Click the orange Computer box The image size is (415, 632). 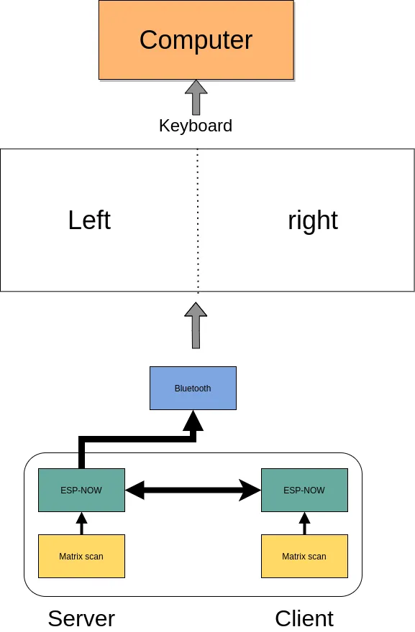pos(196,39)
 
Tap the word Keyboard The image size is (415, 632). pos(196,126)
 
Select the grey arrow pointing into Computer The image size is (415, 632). pos(196,97)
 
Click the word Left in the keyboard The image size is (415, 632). pos(89,220)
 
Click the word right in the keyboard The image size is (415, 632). pos(312,220)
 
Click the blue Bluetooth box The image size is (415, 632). pos(193,388)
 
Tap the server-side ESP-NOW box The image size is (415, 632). pos(81,490)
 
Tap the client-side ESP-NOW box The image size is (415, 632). pos(304,490)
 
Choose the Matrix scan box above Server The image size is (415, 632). pos(81,556)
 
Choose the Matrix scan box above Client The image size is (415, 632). pos(304,556)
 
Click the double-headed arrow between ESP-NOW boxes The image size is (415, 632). pos(193,491)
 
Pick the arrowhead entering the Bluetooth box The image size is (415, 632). pos(193,421)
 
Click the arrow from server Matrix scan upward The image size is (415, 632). pos(81,523)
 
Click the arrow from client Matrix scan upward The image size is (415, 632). pos(304,523)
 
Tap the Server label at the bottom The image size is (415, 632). pos(81,618)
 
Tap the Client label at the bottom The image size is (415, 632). pos(304,618)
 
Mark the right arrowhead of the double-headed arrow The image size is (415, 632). pos(251,491)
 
